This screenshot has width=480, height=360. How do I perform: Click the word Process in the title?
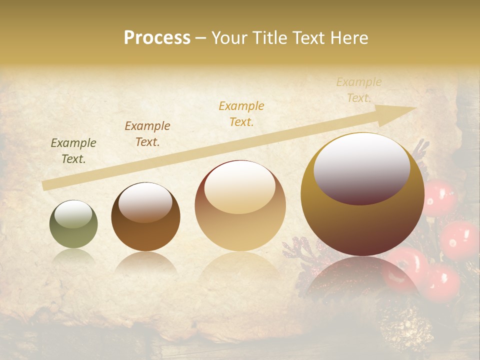157,38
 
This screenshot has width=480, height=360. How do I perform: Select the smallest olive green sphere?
73,224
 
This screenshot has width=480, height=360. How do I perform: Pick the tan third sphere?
240,206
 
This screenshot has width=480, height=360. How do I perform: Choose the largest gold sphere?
362,195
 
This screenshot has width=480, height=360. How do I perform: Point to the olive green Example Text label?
73,151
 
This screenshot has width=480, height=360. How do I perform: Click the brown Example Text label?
147,134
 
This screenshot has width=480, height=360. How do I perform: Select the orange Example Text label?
241,114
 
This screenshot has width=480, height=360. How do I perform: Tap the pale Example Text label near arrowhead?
358,90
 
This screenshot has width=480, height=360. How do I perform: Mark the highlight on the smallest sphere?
73,214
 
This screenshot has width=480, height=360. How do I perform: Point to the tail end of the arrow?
45,186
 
